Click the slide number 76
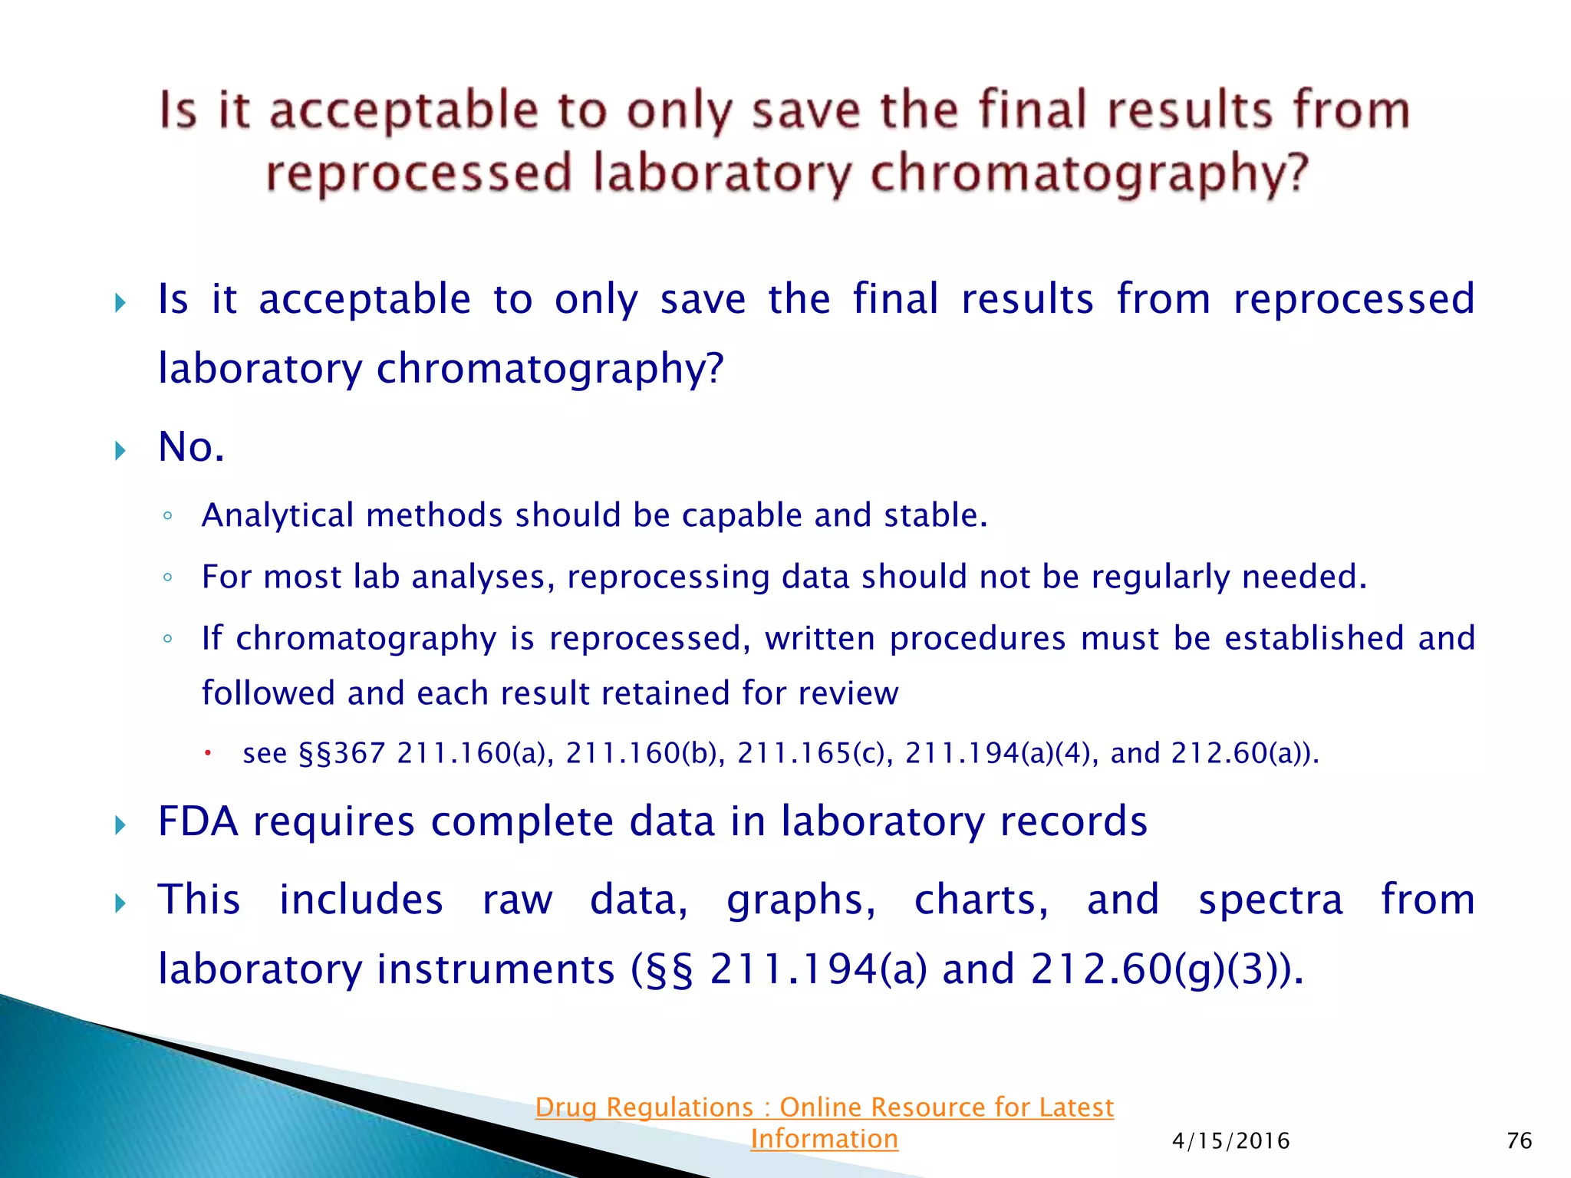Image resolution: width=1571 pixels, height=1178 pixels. [1519, 1141]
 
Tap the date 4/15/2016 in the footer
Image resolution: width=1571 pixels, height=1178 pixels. [1230, 1142]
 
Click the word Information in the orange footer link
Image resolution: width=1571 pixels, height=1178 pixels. [824, 1140]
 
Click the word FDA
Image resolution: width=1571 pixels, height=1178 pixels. [198, 822]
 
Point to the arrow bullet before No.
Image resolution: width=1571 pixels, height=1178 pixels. [120, 450]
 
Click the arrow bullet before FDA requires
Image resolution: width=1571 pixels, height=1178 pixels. [120, 826]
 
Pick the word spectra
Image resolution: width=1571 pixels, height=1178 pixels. [1270, 900]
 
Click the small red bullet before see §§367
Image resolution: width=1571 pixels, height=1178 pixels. [207, 754]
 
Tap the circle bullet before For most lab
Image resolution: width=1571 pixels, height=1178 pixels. [167, 577]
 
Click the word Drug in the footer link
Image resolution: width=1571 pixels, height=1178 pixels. [566, 1108]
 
